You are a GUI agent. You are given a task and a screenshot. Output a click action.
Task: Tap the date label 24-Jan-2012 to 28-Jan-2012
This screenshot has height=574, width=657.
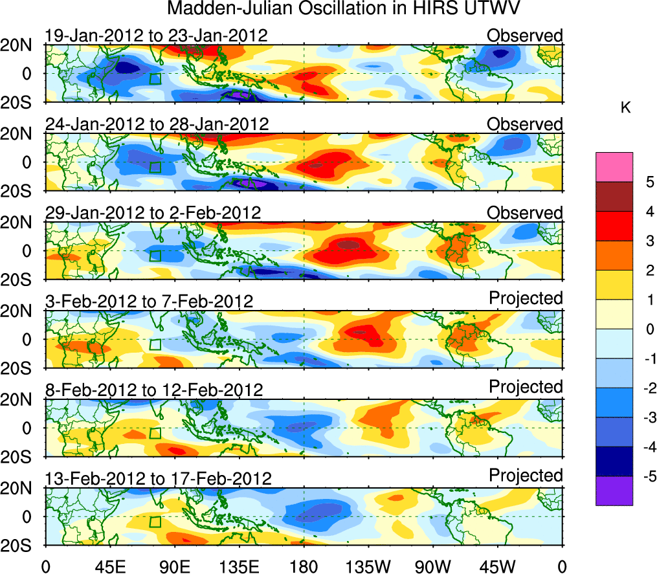tap(156, 124)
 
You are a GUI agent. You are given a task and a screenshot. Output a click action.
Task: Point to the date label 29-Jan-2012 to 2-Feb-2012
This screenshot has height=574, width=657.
tap(153, 212)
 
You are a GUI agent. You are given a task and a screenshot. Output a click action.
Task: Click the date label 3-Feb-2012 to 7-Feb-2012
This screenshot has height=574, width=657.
tap(149, 301)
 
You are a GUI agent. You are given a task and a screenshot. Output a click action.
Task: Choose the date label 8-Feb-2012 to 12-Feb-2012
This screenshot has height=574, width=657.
tap(154, 390)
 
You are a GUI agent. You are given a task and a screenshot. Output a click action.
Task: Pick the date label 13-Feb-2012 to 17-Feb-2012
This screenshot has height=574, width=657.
tap(157, 478)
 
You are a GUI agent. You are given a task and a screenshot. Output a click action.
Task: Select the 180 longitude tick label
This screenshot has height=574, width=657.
tap(304, 566)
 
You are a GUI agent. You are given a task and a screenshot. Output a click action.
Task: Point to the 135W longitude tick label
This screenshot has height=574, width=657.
tap(368, 566)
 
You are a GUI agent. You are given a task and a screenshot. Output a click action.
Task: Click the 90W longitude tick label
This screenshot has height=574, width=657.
tap(433, 566)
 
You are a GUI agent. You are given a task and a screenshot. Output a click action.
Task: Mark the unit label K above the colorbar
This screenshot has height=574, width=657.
tap(625, 108)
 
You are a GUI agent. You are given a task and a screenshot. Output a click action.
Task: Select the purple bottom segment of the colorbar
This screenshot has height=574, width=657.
tap(613, 491)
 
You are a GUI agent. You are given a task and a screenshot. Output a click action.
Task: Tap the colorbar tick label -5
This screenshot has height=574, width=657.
tap(647, 477)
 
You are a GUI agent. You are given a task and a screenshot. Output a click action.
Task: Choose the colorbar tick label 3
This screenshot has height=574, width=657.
tap(647, 241)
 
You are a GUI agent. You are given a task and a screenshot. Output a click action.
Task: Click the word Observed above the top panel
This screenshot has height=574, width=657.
tap(525, 36)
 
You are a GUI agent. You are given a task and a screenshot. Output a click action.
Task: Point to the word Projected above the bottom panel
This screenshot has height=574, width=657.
tap(526, 476)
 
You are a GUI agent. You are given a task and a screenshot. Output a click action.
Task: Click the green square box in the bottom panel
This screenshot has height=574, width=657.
tap(155, 522)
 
